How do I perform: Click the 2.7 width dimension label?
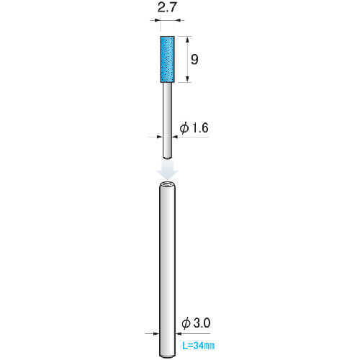click(x=167, y=8)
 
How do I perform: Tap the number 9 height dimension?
click(x=194, y=59)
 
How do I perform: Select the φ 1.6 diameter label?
click(x=194, y=128)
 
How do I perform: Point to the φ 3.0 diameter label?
click(x=196, y=323)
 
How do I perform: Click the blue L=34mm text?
click(x=198, y=346)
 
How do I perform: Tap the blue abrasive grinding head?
click(x=167, y=59)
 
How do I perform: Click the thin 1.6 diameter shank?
click(x=167, y=120)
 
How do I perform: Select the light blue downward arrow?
click(x=167, y=171)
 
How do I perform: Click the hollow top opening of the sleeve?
click(x=168, y=184)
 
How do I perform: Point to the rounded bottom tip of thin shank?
click(x=167, y=157)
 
